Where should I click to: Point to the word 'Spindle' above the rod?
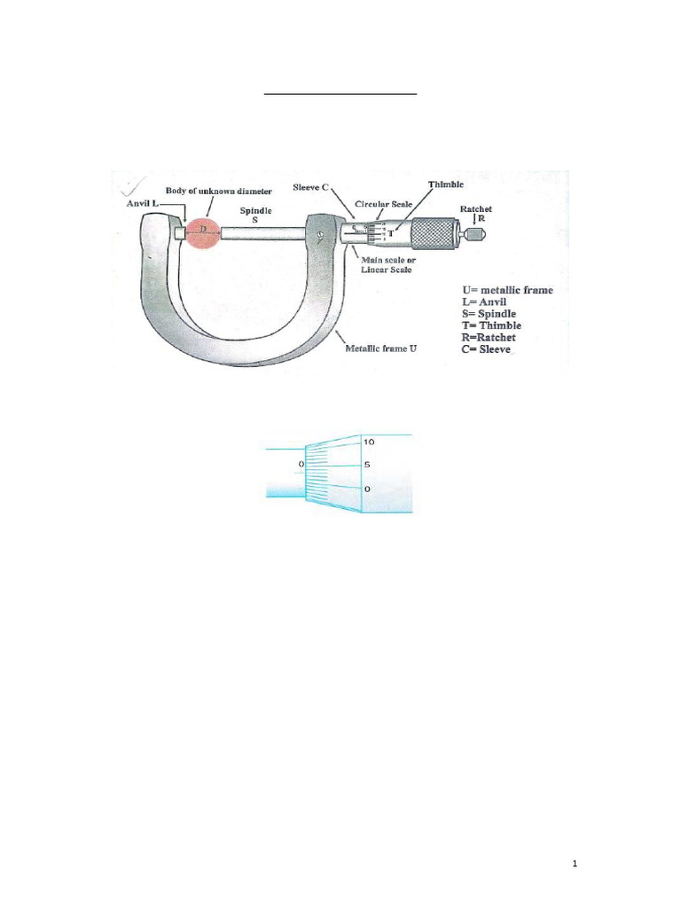(256, 210)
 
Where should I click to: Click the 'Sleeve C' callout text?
(311, 189)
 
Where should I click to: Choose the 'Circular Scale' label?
(383, 204)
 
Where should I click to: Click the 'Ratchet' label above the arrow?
(476, 208)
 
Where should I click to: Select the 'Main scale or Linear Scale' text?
(387, 264)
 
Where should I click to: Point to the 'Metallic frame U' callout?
(381, 349)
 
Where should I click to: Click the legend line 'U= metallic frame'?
(507, 290)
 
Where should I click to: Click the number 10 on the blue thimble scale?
(370, 442)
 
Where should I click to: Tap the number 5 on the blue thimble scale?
(367, 465)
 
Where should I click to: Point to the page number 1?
(575, 865)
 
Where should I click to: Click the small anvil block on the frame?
(180, 233)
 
